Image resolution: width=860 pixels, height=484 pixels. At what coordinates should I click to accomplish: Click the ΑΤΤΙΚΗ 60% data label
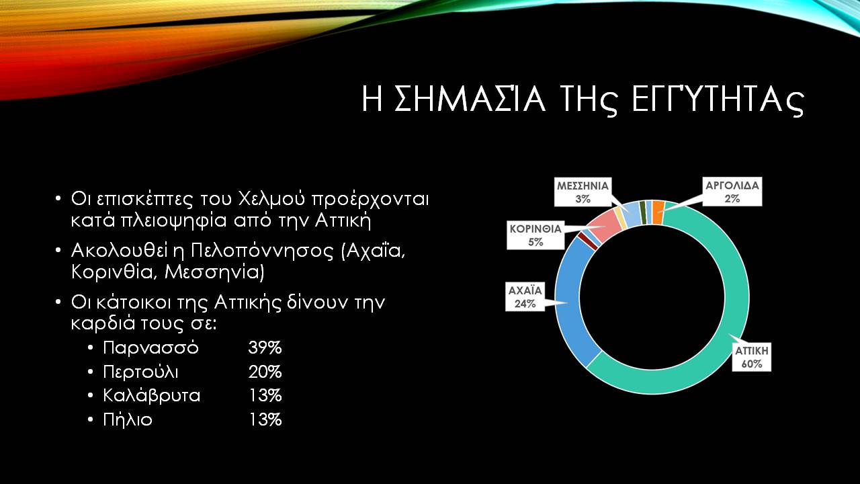click(x=751, y=357)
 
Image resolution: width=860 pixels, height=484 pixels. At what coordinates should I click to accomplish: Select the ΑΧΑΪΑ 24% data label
click(x=525, y=297)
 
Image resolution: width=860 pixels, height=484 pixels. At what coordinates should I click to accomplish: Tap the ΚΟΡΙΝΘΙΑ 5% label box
click(x=535, y=235)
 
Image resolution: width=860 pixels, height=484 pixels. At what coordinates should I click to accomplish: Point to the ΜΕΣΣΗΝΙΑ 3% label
click(x=583, y=192)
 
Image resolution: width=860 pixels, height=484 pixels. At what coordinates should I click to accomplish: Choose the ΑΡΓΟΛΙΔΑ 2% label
click(x=732, y=192)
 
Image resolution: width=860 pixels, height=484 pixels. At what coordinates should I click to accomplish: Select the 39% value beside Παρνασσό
click(x=265, y=348)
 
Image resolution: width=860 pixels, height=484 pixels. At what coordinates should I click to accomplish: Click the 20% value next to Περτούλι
click(x=265, y=372)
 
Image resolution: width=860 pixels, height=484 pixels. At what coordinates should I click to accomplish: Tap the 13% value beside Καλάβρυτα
click(x=265, y=396)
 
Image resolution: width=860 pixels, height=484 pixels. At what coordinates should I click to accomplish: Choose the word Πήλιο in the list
click(x=128, y=419)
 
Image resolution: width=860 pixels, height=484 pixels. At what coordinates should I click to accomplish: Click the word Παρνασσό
click(x=150, y=348)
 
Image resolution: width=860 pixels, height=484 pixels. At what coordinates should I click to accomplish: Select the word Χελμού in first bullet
click(x=269, y=200)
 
